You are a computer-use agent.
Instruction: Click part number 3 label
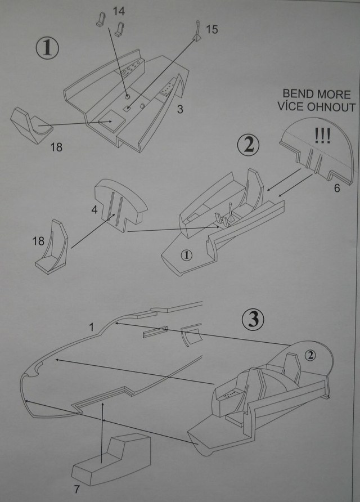(x=179, y=109)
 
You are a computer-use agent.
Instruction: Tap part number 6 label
(x=336, y=189)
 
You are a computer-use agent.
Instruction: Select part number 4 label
(x=94, y=210)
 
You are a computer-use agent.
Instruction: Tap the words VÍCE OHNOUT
(x=318, y=107)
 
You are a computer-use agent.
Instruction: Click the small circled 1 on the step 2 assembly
(x=187, y=255)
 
